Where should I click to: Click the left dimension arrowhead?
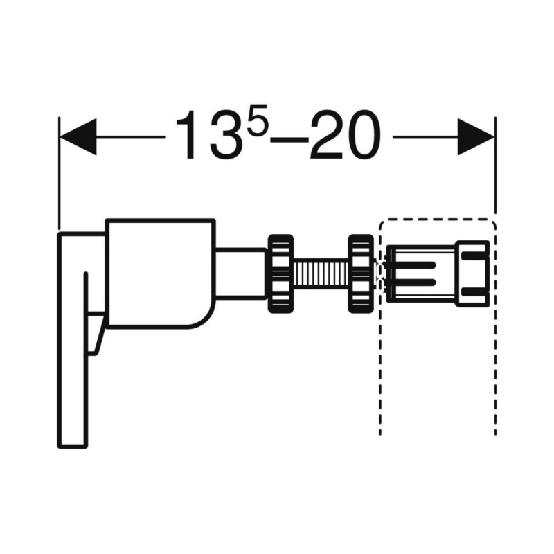click(x=78, y=136)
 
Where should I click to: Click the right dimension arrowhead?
click(x=476, y=136)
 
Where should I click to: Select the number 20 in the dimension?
click(x=344, y=135)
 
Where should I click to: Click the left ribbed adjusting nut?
click(x=281, y=274)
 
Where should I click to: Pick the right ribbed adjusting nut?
click(x=361, y=274)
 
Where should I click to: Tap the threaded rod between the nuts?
click(x=321, y=274)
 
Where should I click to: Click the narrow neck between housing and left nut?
click(x=241, y=274)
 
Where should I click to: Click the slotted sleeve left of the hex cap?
click(x=422, y=274)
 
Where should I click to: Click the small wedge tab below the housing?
click(x=95, y=333)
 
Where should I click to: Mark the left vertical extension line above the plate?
click(x=60, y=174)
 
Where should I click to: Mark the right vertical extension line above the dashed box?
click(x=495, y=165)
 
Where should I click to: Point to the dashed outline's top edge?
click(x=438, y=220)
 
